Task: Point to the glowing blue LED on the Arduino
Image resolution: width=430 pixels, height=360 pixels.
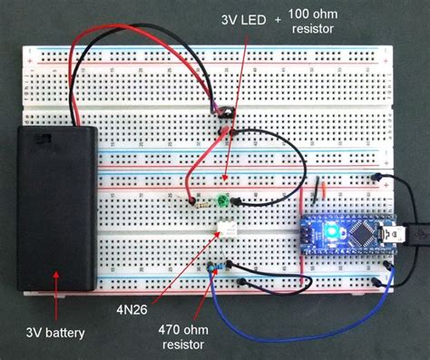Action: tap(333, 234)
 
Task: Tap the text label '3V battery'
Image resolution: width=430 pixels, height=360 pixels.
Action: tap(54, 334)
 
